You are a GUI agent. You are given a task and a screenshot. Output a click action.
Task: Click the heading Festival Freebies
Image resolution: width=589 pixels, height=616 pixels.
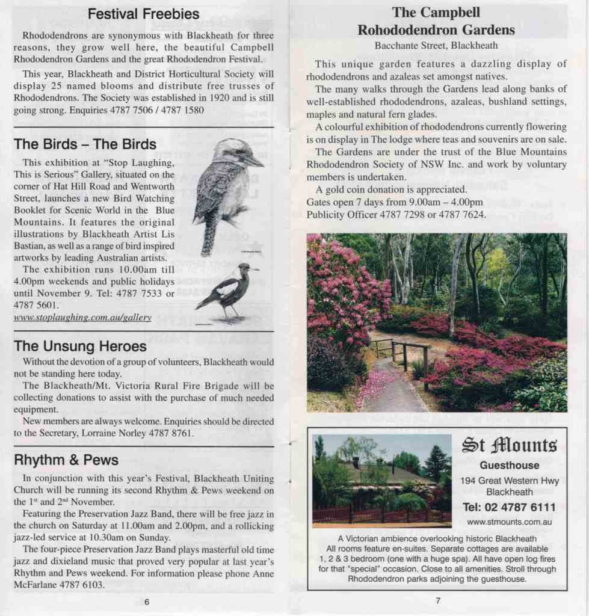pos(143,13)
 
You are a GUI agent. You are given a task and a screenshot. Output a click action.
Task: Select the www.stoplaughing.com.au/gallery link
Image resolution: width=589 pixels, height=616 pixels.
pos(82,317)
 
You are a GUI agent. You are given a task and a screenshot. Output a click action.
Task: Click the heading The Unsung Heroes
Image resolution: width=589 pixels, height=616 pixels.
pos(80,346)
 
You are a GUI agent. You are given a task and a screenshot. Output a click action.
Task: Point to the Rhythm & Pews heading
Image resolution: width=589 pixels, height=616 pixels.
pos(66,460)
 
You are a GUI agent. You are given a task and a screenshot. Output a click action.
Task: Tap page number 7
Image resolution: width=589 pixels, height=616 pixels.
pos(438,600)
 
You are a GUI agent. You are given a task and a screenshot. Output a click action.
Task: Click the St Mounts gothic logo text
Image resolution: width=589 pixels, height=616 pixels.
pos(509,446)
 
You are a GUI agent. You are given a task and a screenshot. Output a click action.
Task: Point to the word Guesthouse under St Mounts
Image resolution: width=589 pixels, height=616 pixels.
pos(509,466)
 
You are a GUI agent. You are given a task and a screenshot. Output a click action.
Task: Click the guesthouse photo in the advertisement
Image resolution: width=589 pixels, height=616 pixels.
pos(381,480)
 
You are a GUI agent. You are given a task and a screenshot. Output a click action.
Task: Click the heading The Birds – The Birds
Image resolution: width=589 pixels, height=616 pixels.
pos(85,144)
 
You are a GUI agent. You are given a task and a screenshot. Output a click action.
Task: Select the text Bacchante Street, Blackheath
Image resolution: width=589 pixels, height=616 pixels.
pos(436,45)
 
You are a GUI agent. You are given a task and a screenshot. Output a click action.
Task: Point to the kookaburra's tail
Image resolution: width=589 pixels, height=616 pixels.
pos(209,238)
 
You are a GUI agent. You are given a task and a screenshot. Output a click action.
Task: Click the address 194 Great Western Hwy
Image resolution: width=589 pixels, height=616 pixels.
pos(509,481)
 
